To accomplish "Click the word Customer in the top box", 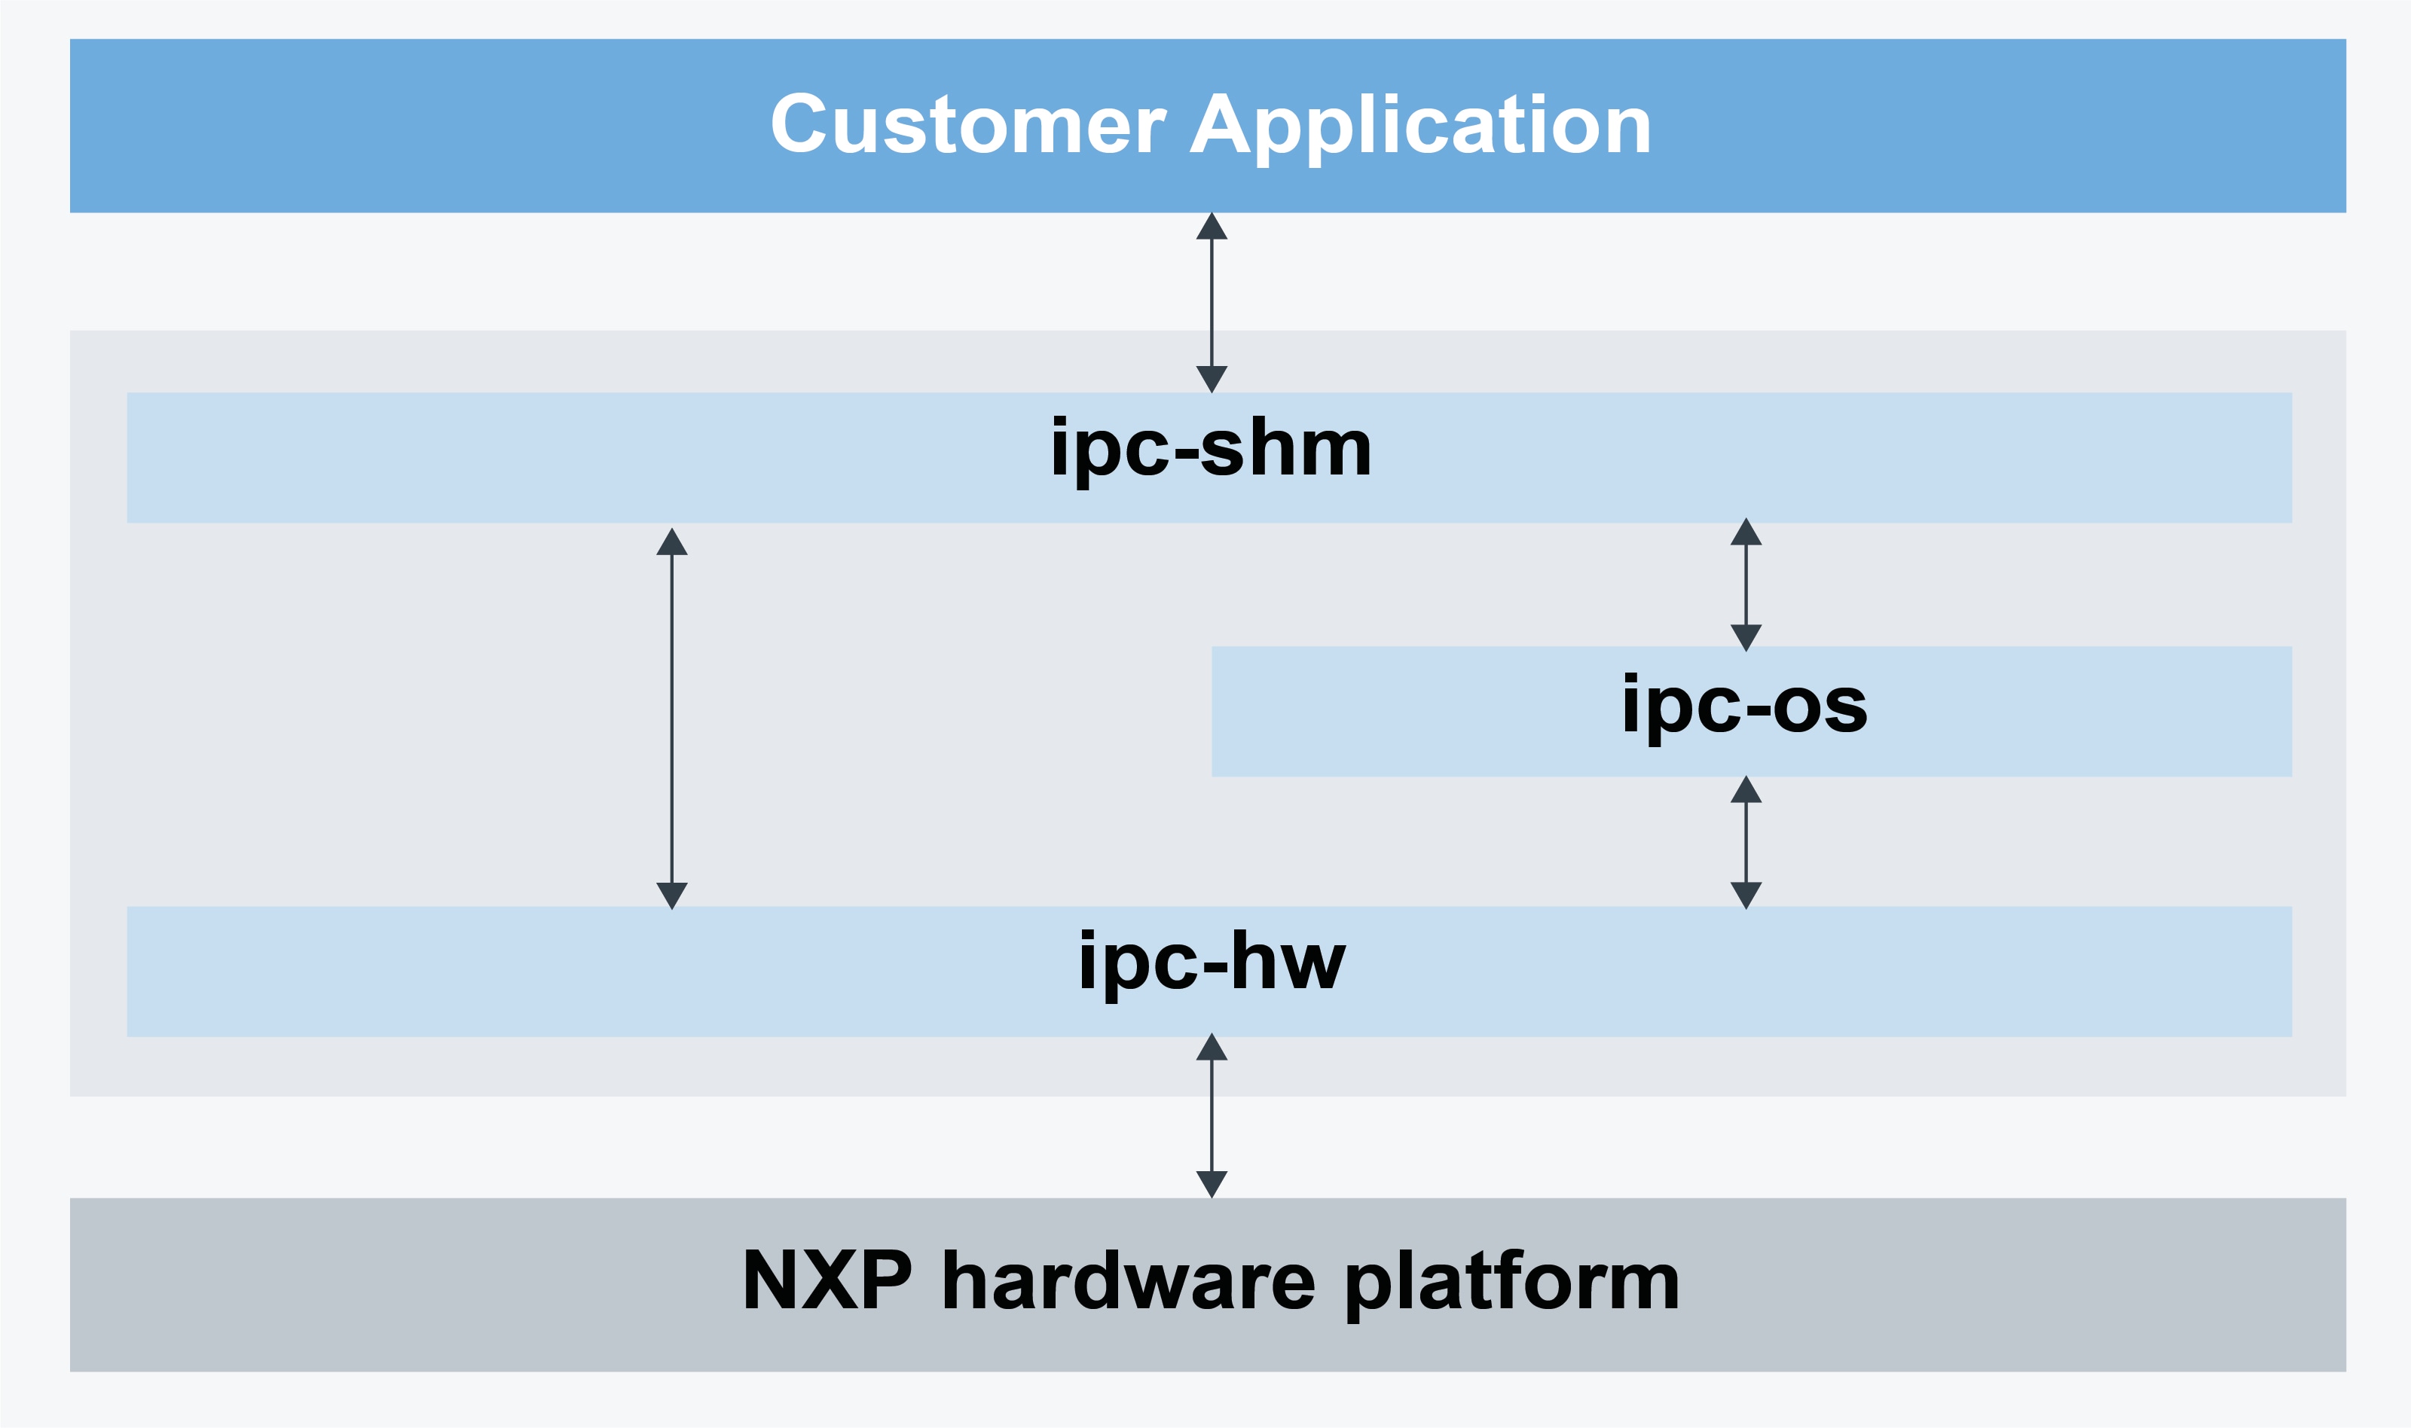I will [x=967, y=125].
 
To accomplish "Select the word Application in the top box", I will [x=1421, y=125].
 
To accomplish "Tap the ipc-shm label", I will [x=1211, y=450].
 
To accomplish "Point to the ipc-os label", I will [x=1744, y=706].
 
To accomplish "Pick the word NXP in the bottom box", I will [x=827, y=1281].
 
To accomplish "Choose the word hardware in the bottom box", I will [x=1128, y=1281].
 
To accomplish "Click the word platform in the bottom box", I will [x=1511, y=1283].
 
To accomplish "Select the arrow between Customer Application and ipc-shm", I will [x=1211, y=302].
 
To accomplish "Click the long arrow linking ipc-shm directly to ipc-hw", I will [x=672, y=718].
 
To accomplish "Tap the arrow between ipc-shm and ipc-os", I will [x=1746, y=585].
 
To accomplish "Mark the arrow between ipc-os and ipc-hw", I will [x=1746, y=842].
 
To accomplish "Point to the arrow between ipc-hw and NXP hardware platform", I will [x=1211, y=1115].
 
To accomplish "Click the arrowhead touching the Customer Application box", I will [x=1211, y=227].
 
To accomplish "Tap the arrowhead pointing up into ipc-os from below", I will [x=1746, y=791].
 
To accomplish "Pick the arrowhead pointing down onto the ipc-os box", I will [x=1746, y=637].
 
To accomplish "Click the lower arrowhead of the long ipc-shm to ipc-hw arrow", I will [x=672, y=895].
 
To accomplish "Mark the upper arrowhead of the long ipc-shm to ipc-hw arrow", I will [x=672, y=542].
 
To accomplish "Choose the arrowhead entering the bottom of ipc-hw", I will [x=1211, y=1047].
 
